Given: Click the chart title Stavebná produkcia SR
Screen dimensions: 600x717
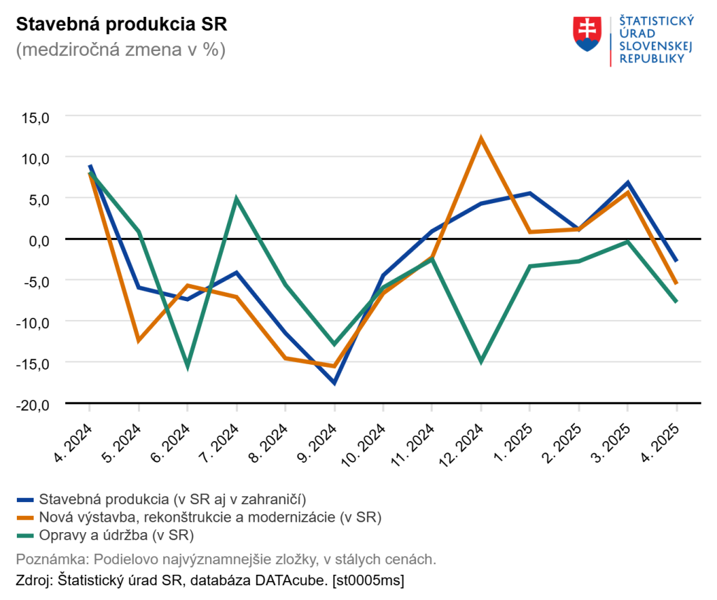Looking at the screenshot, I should [121, 24].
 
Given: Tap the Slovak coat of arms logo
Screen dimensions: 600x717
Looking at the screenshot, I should [587, 34].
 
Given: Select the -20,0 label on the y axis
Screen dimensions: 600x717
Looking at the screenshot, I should [33, 404].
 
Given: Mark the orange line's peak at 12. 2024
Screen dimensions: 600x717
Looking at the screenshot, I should [481, 139].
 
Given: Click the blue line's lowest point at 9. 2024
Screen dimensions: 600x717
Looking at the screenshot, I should [335, 383].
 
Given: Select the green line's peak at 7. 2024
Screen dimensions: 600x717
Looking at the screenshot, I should [237, 199].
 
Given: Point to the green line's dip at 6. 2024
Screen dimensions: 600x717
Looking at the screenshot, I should [188, 365].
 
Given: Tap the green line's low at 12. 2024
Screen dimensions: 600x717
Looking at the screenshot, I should [481, 361].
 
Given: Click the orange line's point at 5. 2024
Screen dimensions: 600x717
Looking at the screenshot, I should [139, 341].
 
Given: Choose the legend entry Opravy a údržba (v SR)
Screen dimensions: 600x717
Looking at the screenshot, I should [116, 536].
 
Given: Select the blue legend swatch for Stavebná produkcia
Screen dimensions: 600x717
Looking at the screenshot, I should [25, 499].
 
